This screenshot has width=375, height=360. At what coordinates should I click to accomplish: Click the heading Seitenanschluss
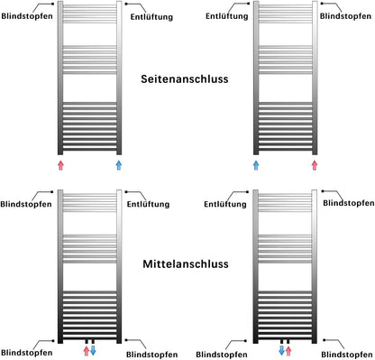(x=185, y=78)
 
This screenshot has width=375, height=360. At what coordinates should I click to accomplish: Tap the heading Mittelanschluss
(x=185, y=265)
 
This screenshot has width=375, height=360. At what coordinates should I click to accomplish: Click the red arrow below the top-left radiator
(x=60, y=166)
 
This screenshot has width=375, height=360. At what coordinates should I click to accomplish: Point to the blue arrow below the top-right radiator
(x=256, y=166)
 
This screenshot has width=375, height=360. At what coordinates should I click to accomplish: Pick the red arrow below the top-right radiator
(x=315, y=166)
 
